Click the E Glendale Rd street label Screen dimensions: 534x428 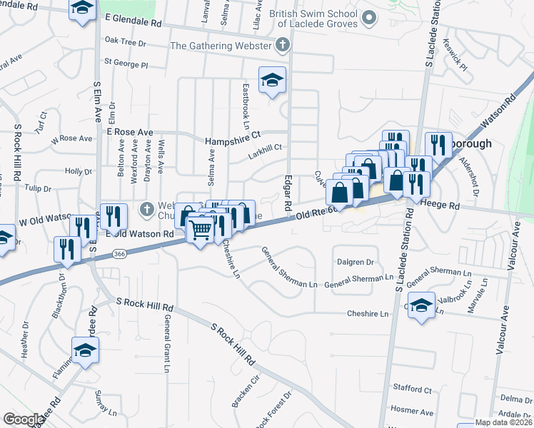(x=133, y=20)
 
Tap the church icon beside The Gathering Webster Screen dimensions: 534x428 (x=283, y=46)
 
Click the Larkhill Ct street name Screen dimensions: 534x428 (x=264, y=148)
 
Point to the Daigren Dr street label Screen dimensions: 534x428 (x=356, y=263)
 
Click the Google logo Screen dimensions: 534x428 (x=24, y=419)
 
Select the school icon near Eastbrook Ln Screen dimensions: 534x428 (x=272, y=81)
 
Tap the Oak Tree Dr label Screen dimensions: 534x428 (x=125, y=43)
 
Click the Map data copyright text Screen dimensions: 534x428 (x=503, y=422)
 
